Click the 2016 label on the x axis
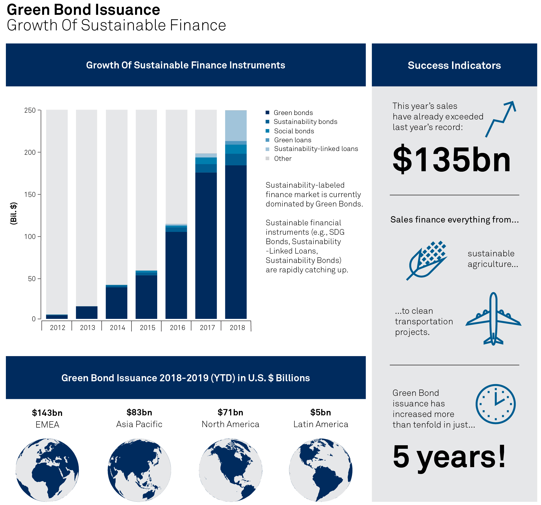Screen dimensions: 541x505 point(177,327)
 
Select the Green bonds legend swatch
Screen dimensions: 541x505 point(268,113)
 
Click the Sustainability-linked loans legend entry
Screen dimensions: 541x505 point(312,149)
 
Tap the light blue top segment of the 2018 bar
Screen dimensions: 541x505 point(236,126)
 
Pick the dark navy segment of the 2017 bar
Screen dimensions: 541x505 point(206,246)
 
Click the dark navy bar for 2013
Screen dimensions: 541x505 point(87,312)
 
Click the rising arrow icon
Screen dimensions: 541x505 point(501,119)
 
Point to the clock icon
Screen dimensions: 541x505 point(496,404)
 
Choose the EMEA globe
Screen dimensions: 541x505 point(47,470)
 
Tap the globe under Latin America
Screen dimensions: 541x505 point(321,470)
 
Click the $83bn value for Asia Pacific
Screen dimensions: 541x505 point(139,412)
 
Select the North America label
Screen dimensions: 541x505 point(231,424)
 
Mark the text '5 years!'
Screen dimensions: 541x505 point(449,457)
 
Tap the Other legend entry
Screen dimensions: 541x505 point(279,159)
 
